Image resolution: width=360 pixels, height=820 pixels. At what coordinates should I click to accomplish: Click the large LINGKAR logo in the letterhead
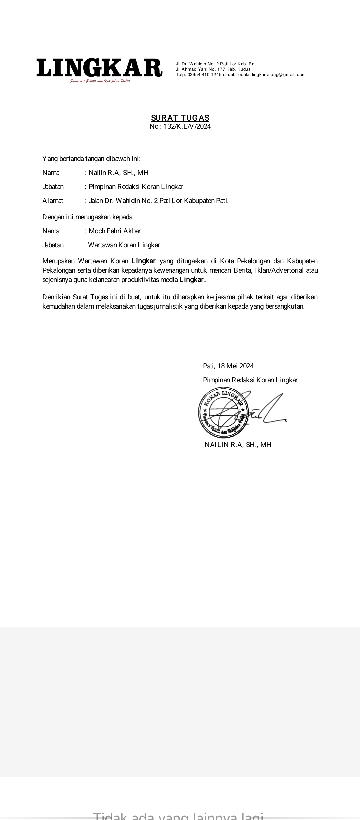coord(99,68)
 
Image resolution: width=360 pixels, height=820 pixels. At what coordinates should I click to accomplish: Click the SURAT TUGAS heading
coord(180,118)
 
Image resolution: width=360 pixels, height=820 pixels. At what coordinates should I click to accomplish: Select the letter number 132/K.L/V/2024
coord(187,126)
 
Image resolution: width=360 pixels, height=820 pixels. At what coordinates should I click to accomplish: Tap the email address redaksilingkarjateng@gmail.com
coord(271,75)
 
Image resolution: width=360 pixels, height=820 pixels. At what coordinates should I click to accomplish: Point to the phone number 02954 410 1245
coord(205,75)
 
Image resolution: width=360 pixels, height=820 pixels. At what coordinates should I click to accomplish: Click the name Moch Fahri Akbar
coord(115,231)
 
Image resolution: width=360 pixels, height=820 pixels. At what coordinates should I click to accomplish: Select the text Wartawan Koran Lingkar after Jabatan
coord(125,245)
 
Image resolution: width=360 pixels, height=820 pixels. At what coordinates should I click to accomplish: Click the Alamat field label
coord(53,201)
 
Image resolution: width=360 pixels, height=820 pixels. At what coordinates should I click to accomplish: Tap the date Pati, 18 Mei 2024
coord(228,366)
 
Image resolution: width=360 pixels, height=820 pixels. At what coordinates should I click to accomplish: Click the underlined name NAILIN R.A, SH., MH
coord(238,445)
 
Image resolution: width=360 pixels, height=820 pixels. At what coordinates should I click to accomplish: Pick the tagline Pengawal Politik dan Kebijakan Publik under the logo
coord(100,81)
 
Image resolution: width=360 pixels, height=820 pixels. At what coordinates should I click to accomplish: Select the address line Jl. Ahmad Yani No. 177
coord(213,69)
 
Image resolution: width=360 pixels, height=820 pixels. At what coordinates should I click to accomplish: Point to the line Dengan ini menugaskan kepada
coord(89,217)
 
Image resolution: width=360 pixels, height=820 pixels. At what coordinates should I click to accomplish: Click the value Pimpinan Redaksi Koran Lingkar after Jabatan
coord(136,187)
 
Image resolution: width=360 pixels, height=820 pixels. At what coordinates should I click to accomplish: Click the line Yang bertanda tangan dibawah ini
coord(91,159)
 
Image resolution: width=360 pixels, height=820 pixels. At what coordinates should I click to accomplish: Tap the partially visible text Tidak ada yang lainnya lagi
coord(178,815)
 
